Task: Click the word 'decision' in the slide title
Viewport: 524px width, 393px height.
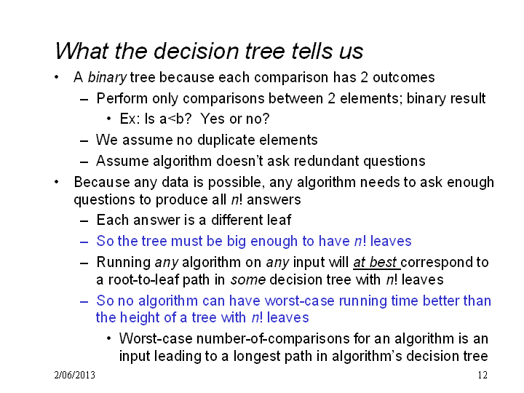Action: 196,51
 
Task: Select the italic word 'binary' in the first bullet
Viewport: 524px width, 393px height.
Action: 107,78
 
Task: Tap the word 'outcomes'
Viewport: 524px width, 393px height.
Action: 404,77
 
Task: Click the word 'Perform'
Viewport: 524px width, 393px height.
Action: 122,98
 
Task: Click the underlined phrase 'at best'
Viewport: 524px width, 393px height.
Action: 376,263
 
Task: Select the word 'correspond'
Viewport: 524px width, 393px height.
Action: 437,263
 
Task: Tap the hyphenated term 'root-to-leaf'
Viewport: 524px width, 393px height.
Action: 143,279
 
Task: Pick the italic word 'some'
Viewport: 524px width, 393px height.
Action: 248,280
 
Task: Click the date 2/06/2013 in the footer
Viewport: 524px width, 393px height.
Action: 74,375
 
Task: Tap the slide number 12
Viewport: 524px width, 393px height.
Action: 483,375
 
